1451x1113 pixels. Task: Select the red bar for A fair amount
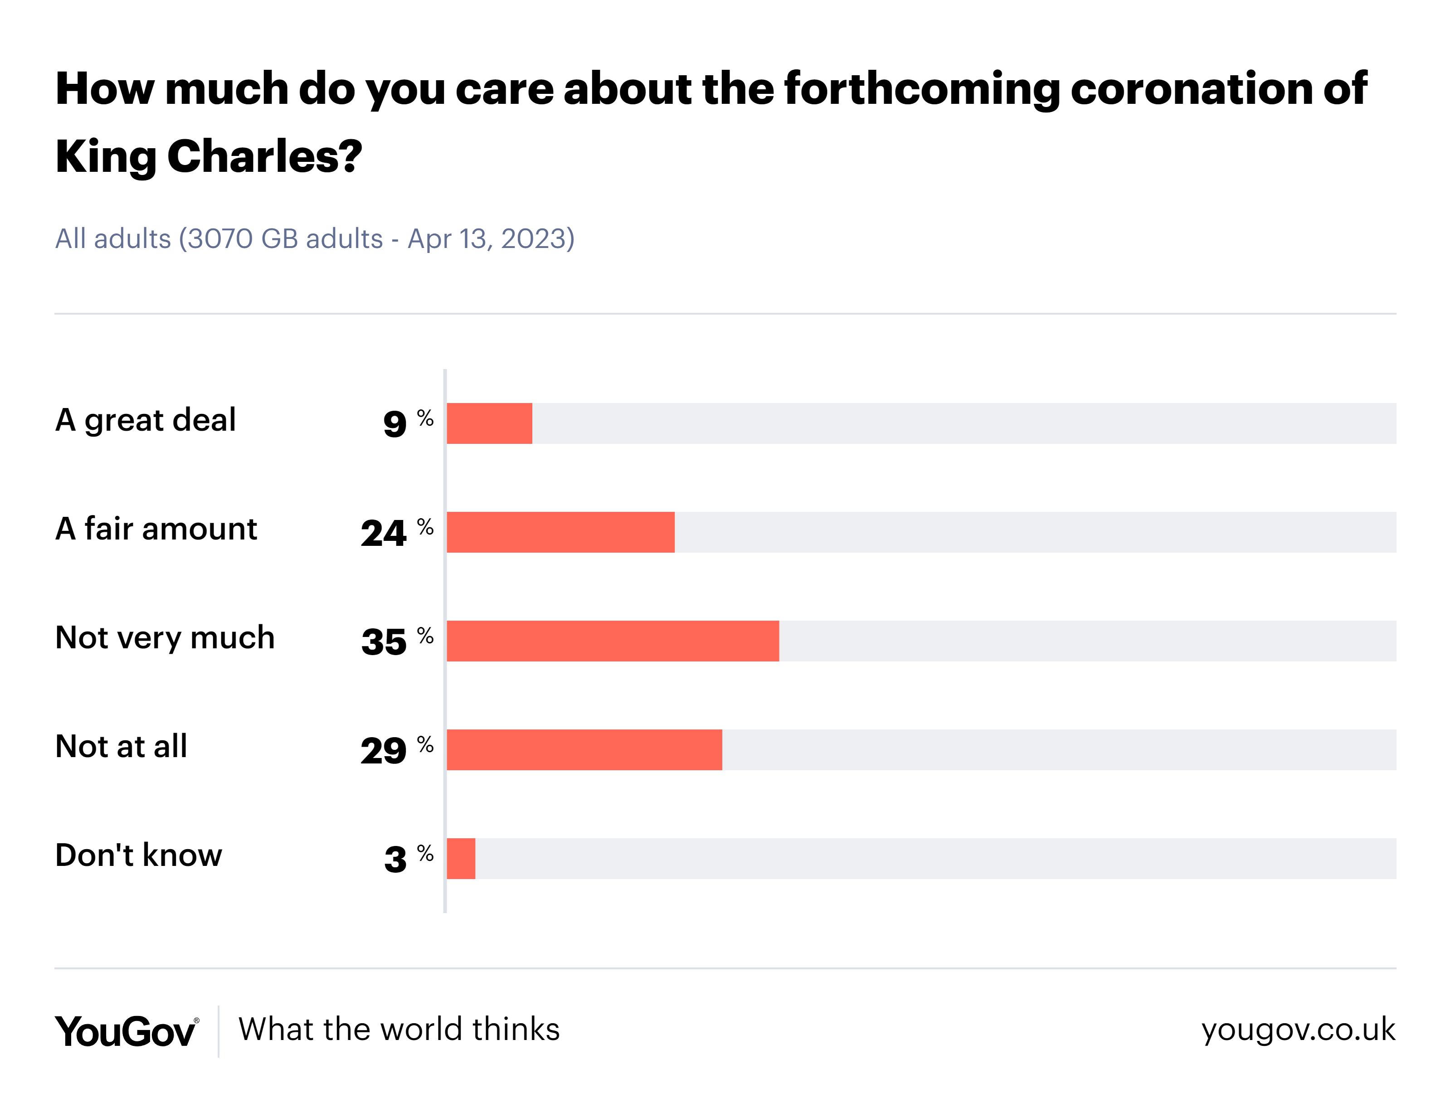click(x=560, y=531)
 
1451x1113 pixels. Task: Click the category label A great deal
click(x=145, y=420)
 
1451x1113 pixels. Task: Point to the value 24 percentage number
click(x=383, y=533)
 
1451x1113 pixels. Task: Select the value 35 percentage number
click(x=384, y=642)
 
